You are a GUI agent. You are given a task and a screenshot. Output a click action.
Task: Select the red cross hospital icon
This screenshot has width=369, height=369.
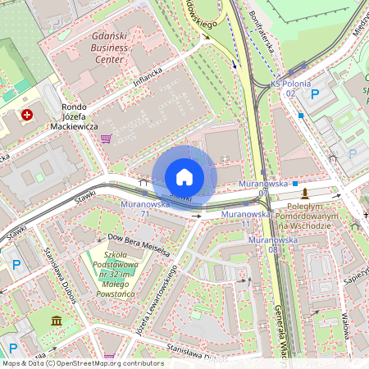29,116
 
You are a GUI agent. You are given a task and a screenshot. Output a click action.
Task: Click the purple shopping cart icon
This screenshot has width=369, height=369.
106,139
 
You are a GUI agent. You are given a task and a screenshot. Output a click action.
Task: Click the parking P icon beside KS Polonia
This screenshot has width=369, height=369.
315,95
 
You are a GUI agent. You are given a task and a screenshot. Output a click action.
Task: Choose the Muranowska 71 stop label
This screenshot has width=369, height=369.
145,208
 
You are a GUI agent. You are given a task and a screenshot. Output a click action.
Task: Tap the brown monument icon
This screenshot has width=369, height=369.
305,194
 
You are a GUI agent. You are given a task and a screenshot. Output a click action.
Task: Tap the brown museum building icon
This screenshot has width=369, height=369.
55,320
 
